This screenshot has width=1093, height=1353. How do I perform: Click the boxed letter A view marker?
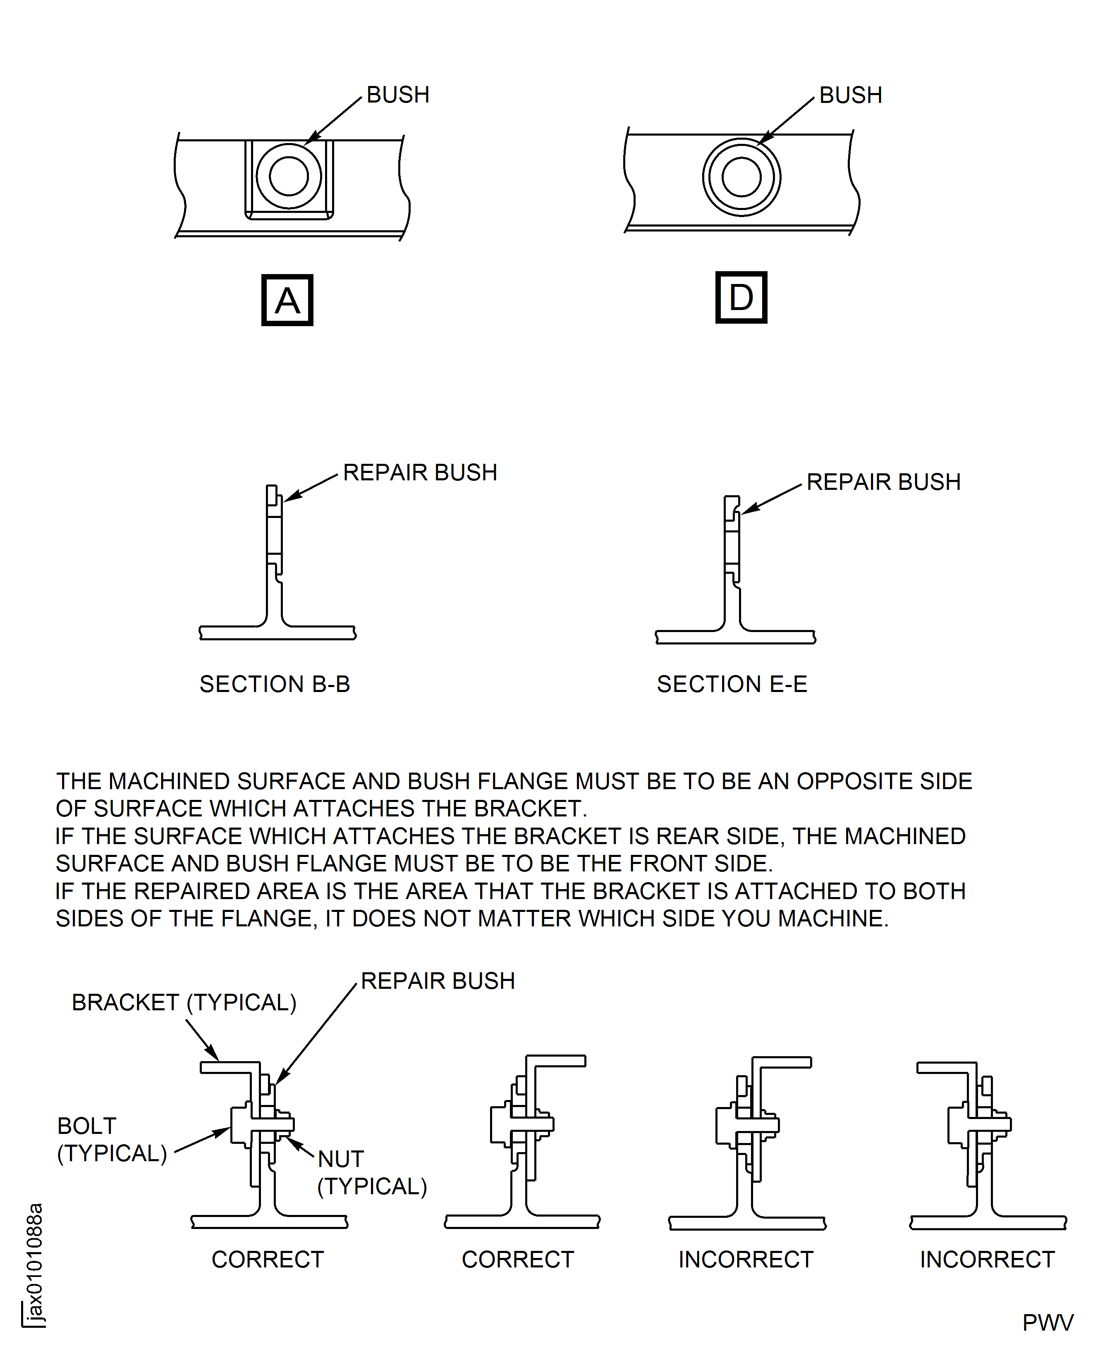[x=287, y=300]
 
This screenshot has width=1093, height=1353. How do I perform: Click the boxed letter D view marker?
[x=741, y=298]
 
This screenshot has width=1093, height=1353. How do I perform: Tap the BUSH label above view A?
[x=398, y=95]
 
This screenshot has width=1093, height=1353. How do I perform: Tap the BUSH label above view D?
[x=851, y=95]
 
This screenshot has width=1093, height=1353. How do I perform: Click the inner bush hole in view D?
[x=741, y=177]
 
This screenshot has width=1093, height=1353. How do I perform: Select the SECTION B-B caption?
[x=275, y=684]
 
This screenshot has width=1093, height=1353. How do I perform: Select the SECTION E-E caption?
[x=732, y=684]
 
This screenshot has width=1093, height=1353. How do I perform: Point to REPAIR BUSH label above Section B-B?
[x=420, y=472]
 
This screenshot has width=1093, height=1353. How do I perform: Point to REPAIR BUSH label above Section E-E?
[x=883, y=482]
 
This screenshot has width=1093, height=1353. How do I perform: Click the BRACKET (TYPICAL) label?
[x=184, y=1002]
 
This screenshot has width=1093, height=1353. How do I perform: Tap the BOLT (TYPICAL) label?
[x=111, y=1140]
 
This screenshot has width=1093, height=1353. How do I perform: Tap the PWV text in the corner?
[x=1048, y=1323]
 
